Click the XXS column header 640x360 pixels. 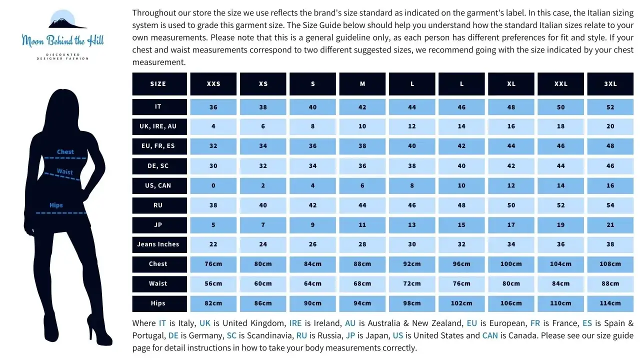pos(213,83)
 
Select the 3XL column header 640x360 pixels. pos(610,83)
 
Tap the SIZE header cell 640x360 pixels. pos(159,83)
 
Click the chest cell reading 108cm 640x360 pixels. pos(610,264)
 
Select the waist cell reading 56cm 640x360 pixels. pos(213,283)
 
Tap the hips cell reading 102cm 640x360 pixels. pos(461,303)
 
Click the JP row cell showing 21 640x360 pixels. pos(610,225)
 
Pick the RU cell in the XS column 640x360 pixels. pos(263,205)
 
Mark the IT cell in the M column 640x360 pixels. pos(362,107)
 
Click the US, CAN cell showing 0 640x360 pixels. pos(213,185)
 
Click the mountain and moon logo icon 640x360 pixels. pos(67,19)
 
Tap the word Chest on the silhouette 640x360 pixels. pos(65,151)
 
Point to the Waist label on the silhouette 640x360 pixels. pos(65,171)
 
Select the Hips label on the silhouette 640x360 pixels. pos(56,205)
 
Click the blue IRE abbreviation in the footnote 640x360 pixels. pos(295,323)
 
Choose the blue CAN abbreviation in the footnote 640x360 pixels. pos(490,335)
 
